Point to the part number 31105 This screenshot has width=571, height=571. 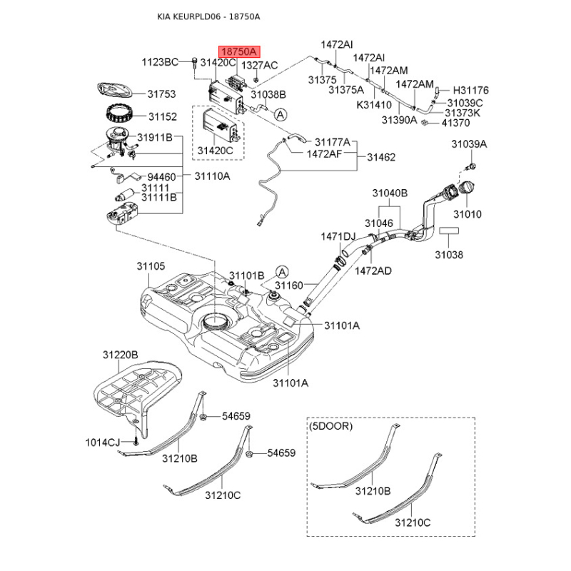coord(151,266)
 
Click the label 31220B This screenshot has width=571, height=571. coord(119,354)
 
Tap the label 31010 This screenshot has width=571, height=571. coord(468,213)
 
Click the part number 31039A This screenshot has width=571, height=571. coord(468,144)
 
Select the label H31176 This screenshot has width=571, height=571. coord(471,91)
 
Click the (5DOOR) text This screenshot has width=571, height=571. coord(331,426)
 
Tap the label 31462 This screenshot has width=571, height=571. coord(380,158)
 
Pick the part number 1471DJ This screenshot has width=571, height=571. coord(338,236)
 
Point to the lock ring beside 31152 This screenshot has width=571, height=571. coord(118,113)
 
